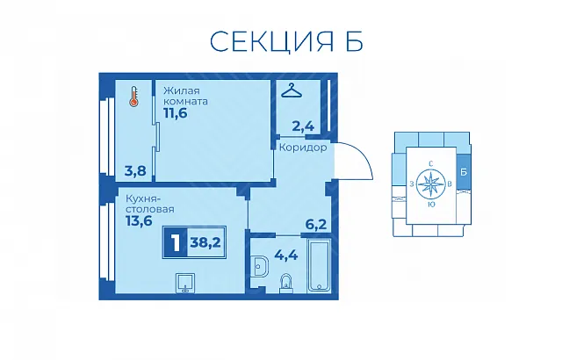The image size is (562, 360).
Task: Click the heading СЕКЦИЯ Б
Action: [x=286, y=41]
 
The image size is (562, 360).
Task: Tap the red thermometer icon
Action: [x=134, y=97]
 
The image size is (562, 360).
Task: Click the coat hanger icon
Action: [x=292, y=90]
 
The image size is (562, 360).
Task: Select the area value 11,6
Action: [x=176, y=113]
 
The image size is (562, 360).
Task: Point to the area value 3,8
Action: [x=135, y=171]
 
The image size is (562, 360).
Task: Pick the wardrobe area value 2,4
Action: [x=303, y=126]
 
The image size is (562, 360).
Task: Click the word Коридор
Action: [x=303, y=148]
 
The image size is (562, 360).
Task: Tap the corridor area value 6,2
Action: [x=316, y=225]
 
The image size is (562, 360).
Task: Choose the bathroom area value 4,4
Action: [x=286, y=255]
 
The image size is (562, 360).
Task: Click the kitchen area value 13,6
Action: [x=139, y=220]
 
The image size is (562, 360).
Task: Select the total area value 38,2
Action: [x=205, y=242]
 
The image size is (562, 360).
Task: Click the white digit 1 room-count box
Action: [x=176, y=242]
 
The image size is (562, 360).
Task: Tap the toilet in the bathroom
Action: [x=286, y=284]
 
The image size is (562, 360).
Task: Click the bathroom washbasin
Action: [x=260, y=266]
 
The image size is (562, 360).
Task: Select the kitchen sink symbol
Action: [x=185, y=283]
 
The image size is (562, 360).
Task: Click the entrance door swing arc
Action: [x=360, y=154]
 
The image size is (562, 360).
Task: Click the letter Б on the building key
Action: [x=464, y=172]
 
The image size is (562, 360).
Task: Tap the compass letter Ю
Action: [x=431, y=205]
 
